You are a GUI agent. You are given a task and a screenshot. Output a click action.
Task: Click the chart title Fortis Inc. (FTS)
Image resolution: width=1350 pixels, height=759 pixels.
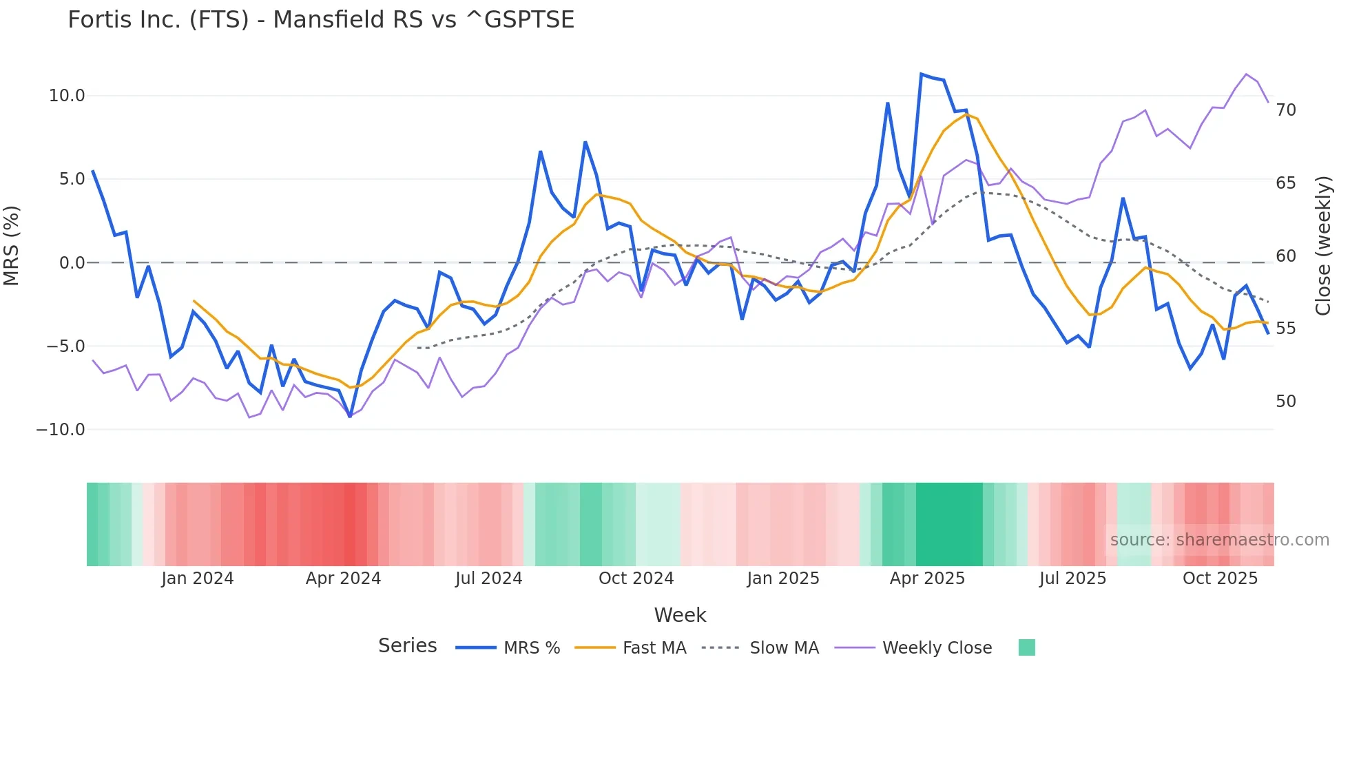(x=320, y=20)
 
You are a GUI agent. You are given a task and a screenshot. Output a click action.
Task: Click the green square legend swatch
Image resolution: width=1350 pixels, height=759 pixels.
(x=1026, y=647)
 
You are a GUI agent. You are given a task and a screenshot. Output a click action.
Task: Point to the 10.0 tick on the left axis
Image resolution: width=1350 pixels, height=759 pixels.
(x=67, y=96)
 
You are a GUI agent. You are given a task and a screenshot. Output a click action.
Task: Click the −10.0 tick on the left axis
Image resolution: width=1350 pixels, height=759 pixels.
(x=61, y=430)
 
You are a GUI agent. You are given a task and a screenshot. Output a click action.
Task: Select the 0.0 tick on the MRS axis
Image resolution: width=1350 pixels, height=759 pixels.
(x=72, y=263)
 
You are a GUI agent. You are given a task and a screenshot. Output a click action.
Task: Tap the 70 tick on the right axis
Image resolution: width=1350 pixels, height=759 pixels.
(x=1285, y=110)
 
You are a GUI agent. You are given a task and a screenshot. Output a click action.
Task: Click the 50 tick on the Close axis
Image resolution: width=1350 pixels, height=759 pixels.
(x=1285, y=402)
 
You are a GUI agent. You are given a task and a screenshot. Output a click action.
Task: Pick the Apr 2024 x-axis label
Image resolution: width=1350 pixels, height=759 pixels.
(x=343, y=579)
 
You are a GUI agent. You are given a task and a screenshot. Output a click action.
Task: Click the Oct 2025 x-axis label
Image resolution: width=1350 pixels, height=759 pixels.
(x=1220, y=579)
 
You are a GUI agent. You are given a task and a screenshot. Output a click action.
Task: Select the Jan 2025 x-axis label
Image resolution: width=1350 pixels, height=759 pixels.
(x=783, y=579)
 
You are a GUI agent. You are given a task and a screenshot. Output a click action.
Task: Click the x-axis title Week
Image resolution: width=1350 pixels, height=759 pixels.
(x=680, y=615)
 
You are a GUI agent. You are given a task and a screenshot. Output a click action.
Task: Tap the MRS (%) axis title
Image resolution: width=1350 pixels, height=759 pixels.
(x=12, y=246)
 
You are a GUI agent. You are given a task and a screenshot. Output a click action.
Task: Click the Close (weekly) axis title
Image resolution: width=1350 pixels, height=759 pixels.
(x=1322, y=246)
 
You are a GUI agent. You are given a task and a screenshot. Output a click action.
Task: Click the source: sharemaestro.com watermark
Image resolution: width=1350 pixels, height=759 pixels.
(x=1219, y=540)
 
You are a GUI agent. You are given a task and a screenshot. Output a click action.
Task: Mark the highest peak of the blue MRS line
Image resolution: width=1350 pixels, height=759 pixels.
(x=922, y=74)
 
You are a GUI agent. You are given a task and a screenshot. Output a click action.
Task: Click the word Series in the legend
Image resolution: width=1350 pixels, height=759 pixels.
(x=407, y=646)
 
